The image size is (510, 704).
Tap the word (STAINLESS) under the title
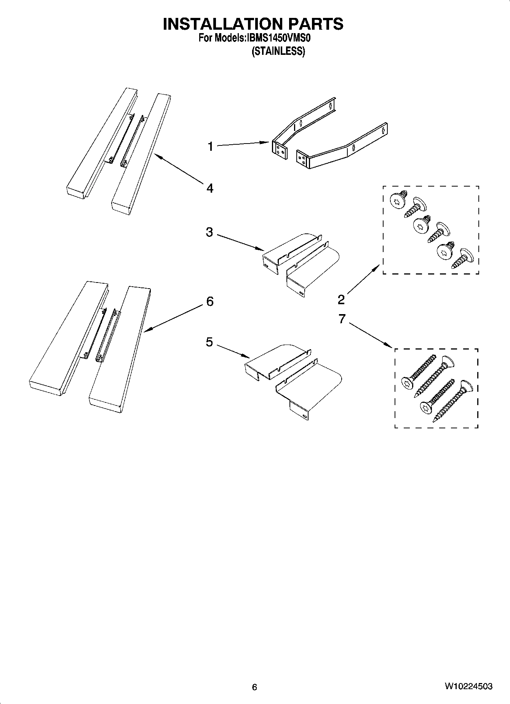tap(278, 51)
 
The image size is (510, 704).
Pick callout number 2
tap(341, 300)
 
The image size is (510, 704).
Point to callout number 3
tap(209, 232)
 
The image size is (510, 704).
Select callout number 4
tap(210, 188)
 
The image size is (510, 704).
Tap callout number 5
tap(209, 342)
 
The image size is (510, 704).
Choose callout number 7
tap(342, 318)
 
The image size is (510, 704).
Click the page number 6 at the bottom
tap(254, 687)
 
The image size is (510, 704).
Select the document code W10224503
tap(468, 686)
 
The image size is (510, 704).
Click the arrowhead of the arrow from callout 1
tap(267, 142)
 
